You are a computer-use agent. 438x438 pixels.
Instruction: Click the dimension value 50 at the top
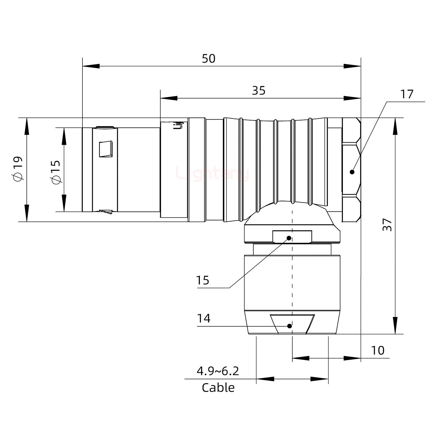(x=209, y=58)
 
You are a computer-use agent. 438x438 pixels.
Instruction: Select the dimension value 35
(x=259, y=91)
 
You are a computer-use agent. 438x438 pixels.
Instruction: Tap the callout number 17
(x=407, y=94)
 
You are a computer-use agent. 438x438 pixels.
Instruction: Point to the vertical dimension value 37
(x=387, y=224)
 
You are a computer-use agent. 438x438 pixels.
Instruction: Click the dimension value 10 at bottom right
(x=378, y=350)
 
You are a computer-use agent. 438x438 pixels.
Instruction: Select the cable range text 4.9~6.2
(x=218, y=371)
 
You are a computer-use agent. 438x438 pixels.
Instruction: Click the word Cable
(x=218, y=388)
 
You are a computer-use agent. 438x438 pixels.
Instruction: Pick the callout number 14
(x=204, y=318)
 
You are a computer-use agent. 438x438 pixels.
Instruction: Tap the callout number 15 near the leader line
(x=203, y=280)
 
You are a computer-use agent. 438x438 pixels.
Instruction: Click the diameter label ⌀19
(x=17, y=169)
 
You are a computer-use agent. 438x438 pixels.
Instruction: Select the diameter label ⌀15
(x=55, y=172)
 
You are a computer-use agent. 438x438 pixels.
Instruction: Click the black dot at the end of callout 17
(x=352, y=172)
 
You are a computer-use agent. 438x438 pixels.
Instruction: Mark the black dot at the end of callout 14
(x=290, y=326)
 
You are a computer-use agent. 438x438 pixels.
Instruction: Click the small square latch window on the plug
(x=106, y=149)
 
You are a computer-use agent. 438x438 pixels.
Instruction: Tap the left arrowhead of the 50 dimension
(x=91, y=66)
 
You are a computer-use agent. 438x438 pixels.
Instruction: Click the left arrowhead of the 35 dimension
(x=169, y=98)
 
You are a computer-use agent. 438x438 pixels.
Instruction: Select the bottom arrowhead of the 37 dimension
(x=395, y=325)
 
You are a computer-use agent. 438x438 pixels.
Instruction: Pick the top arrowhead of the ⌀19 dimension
(x=27, y=126)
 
